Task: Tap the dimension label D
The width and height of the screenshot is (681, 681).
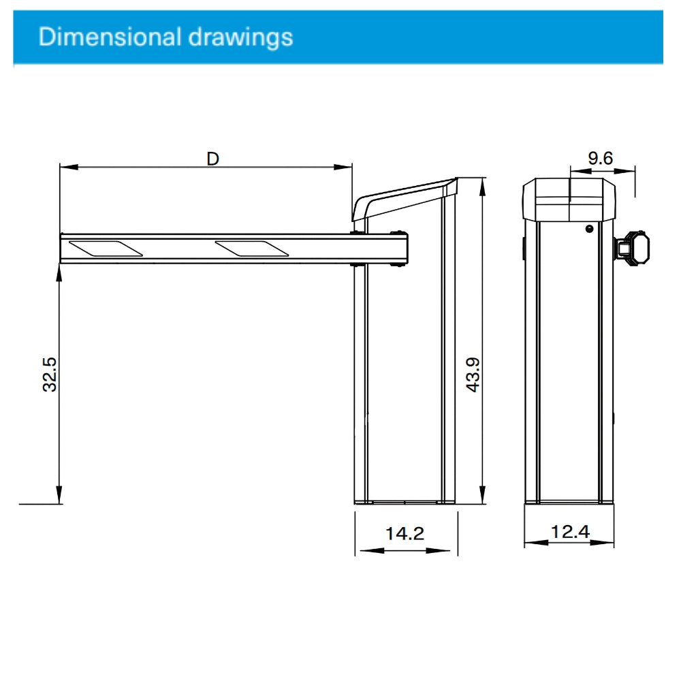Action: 213,158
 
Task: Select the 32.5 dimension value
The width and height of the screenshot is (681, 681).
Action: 49,373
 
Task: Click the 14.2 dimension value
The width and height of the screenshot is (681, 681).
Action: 405,533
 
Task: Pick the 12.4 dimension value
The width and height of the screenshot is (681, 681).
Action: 570,531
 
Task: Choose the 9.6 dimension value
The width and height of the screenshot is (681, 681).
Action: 601,158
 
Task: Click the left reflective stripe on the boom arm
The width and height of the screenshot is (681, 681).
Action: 106,249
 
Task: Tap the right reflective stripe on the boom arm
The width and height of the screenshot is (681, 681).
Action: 249,249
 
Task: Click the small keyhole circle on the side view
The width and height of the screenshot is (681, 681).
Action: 589,229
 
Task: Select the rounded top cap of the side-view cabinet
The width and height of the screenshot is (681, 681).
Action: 569,198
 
